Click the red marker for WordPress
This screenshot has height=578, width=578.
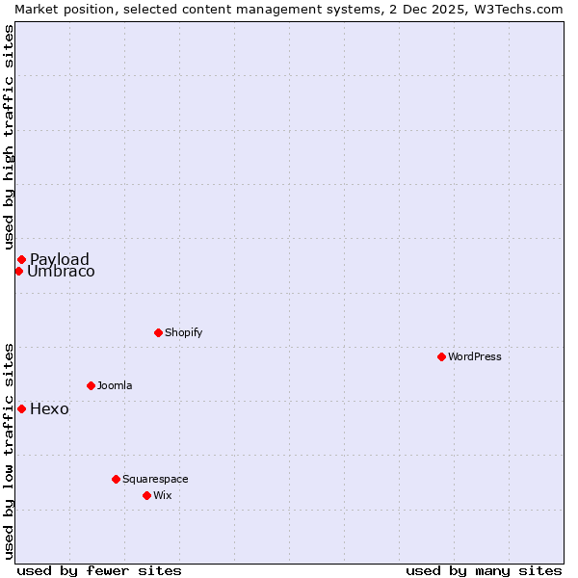pyautogui.click(x=441, y=356)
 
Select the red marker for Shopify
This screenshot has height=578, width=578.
pyautogui.click(x=158, y=332)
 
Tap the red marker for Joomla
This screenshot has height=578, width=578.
pyautogui.click(x=91, y=385)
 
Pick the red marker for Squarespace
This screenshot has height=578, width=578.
pyautogui.click(x=116, y=479)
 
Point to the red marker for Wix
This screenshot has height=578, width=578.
pyautogui.click(x=146, y=495)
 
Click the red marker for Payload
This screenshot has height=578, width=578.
pyautogui.click(x=21, y=259)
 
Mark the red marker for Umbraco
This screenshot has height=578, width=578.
pyautogui.click(x=18, y=271)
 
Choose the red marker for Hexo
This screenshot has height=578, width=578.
pyautogui.click(x=21, y=408)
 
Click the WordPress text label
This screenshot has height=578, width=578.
pyautogui.click(x=475, y=356)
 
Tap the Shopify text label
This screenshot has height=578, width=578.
pyautogui.click(x=184, y=332)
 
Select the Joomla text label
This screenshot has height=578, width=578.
pyautogui.click(x=115, y=385)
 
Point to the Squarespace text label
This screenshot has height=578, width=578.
pyautogui.click(x=155, y=479)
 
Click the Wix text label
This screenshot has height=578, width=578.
pyautogui.click(x=162, y=495)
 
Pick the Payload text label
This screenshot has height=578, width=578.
pyautogui.click(x=60, y=259)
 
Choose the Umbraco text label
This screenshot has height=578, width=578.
pyautogui.click(x=61, y=272)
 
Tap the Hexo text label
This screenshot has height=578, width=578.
pyautogui.click(x=49, y=408)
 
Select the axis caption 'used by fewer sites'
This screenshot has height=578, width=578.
pyautogui.click(x=99, y=570)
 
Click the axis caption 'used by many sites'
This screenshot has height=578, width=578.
pyautogui.click(x=484, y=570)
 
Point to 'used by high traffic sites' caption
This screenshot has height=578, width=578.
pyautogui.click(x=9, y=138)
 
